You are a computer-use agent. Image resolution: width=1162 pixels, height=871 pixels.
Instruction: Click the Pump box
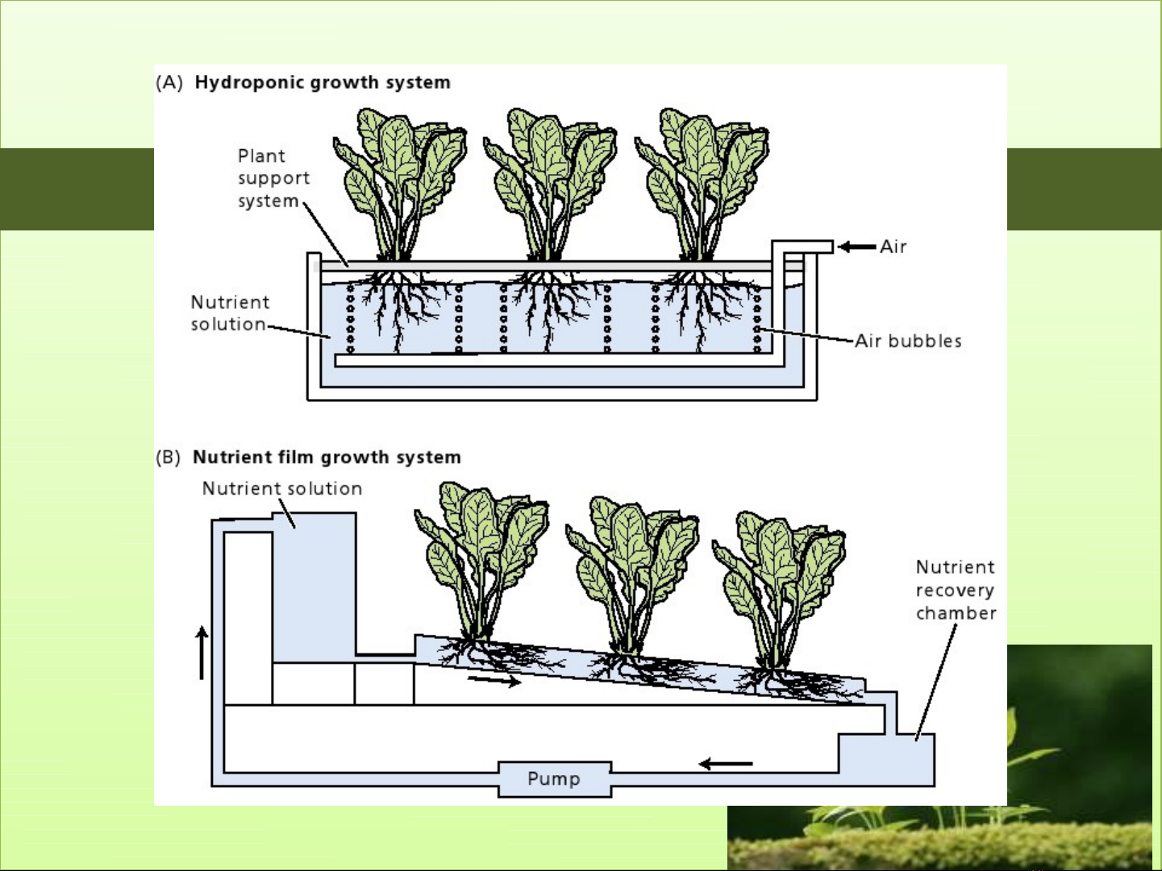pos(554,778)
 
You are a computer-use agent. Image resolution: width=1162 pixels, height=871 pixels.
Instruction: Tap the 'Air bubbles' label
pos(908,341)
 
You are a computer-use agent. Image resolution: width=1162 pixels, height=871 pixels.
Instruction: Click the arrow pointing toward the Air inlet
pos(856,247)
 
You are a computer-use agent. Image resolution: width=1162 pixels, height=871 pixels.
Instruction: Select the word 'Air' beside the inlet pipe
pos(893,247)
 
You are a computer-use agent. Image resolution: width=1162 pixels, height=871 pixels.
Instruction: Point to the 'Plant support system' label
pos(273,178)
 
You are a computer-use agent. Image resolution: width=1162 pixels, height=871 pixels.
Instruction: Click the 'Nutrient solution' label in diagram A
pos(229,313)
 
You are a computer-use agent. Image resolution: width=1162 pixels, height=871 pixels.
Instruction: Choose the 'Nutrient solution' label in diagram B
pos(281,488)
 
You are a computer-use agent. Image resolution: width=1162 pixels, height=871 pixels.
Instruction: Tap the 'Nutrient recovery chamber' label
pos(956,590)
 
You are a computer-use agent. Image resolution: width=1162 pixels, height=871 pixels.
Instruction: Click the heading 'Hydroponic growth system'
pos(323,82)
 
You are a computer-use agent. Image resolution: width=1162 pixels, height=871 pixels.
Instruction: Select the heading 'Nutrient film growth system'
pos(327,457)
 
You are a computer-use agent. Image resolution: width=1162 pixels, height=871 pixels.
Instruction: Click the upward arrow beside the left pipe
pos(202,653)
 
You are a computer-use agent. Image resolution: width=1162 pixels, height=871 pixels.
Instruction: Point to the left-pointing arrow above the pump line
pos(725,763)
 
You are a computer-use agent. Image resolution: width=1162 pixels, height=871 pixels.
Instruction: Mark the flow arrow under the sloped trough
pos(494,681)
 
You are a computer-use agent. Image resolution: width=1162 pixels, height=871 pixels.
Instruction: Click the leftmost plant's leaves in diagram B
pos(481,548)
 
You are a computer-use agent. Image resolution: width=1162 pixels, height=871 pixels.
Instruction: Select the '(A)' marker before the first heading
pos(169,82)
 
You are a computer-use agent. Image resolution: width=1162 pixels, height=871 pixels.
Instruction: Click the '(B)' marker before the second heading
pos(169,458)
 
